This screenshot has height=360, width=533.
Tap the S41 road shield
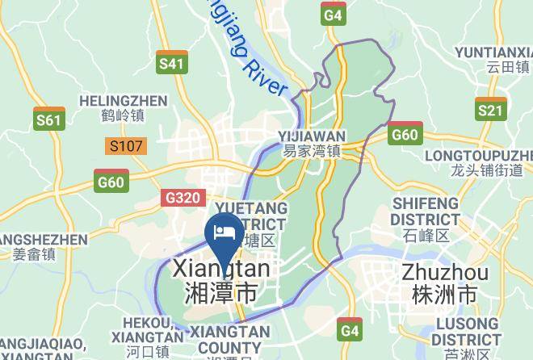tap(172, 62)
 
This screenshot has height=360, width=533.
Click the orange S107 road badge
tap(126, 146)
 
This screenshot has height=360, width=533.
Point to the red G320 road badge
tap(184, 197)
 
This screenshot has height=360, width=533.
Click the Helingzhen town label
tap(124, 108)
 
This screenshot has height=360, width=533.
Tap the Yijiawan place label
tap(312, 143)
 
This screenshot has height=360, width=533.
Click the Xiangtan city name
tap(221, 279)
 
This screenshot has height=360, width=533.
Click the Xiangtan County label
tap(231, 341)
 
